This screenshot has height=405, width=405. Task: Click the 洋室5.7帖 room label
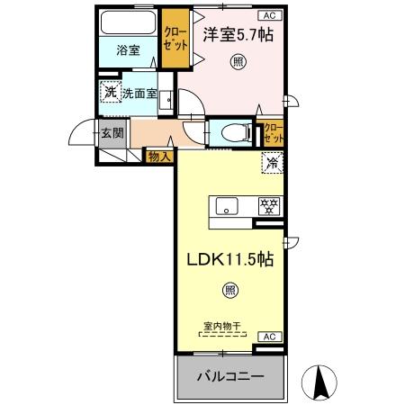[x=238, y=36]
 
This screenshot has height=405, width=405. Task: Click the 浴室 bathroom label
[x=129, y=50]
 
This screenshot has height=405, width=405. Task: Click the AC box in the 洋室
[x=268, y=15]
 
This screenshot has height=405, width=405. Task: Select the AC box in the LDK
[x=268, y=336]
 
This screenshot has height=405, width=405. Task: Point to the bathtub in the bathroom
[x=128, y=22]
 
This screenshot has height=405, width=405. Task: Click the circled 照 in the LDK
[x=229, y=290]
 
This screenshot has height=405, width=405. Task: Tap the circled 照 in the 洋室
[x=238, y=62]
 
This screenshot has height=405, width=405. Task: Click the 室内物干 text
[x=220, y=328]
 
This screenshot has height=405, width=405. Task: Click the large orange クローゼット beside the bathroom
[x=176, y=39]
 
